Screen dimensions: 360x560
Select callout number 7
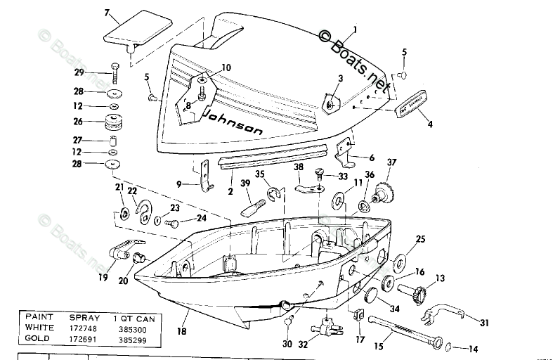[107, 13]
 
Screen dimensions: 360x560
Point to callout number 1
[354, 30]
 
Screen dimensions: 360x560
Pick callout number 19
[103, 277]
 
